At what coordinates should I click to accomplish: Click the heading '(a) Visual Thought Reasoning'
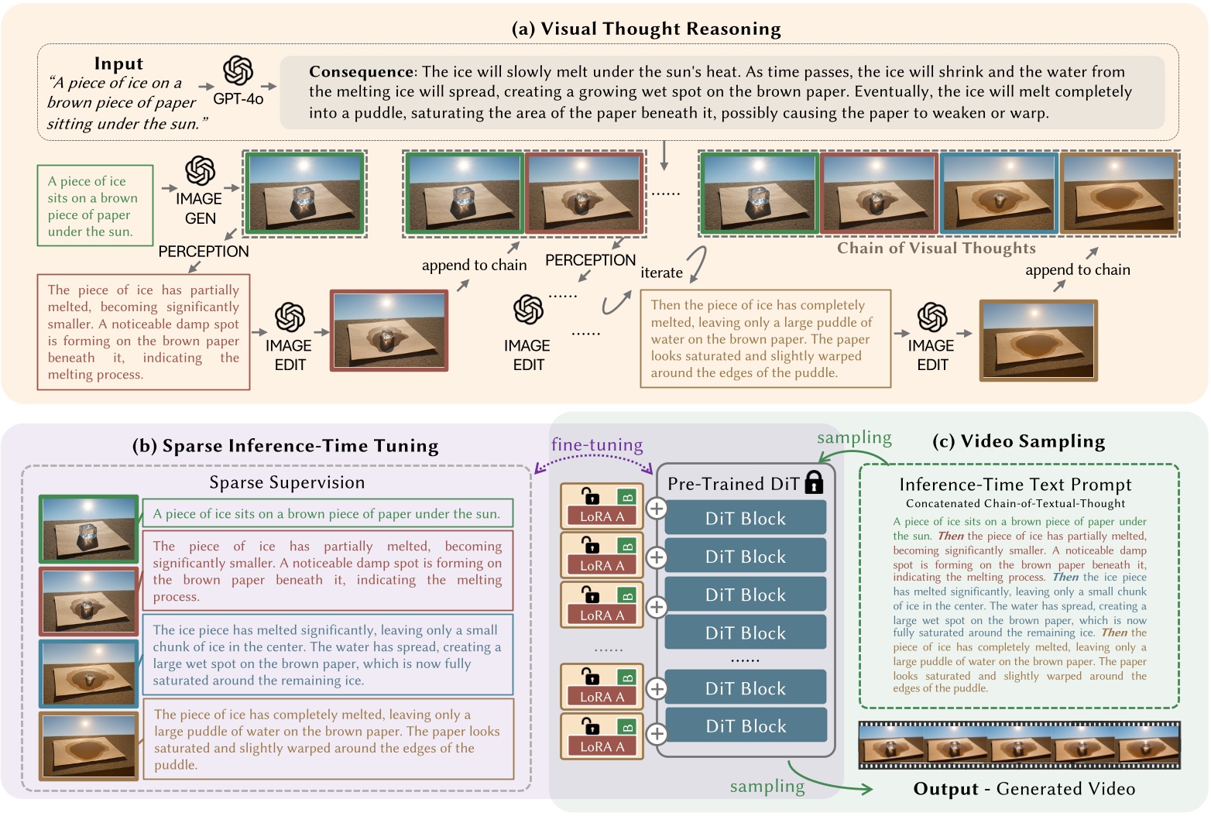click(x=646, y=29)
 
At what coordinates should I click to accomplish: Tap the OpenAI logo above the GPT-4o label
click(x=238, y=71)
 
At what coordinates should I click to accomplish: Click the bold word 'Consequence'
click(x=361, y=72)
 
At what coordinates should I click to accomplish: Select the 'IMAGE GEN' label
click(x=199, y=208)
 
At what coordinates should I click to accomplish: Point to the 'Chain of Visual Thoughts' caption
click(x=935, y=249)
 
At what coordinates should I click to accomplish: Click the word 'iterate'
click(x=661, y=273)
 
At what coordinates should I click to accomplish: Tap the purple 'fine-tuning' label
click(x=596, y=445)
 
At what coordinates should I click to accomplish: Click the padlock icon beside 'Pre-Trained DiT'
click(x=813, y=482)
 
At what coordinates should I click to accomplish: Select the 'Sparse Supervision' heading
click(x=286, y=483)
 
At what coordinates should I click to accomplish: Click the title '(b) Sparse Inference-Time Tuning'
click(x=285, y=446)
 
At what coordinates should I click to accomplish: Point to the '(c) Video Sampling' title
click(x=1018, y=441)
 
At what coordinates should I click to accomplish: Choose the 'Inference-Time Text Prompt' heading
click(x=1015, y=485)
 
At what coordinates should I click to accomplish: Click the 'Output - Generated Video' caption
click(x=1024, y=789)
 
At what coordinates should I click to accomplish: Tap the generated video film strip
click(x=1019, y=744)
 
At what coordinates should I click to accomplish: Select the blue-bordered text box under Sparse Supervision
click(x=328, y=655)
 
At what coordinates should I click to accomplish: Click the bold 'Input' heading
click(x=118, y=63)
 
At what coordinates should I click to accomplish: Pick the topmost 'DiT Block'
click(x=745, y=519)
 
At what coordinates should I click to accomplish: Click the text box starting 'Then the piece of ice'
click(x=765, y=339)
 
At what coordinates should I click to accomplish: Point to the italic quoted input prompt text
click(x=124, y=103)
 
